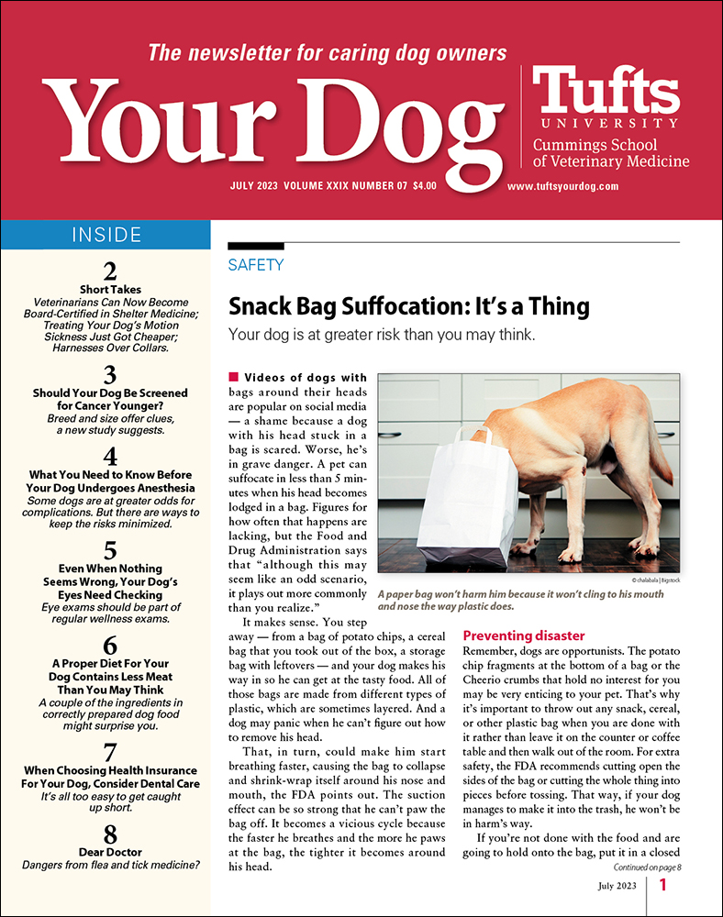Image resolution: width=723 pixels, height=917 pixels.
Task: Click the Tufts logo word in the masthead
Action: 606,91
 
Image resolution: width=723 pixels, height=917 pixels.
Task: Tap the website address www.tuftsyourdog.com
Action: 562,185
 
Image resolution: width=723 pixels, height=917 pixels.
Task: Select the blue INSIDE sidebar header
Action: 106,235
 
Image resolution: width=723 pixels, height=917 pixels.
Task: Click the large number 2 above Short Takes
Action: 110,271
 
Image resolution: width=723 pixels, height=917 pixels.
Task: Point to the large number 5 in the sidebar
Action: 110,550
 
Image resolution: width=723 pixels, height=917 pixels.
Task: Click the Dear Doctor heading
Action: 110,852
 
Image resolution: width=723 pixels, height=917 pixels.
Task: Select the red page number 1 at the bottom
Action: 662,886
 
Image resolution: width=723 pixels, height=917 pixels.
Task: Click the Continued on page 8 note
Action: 640,865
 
